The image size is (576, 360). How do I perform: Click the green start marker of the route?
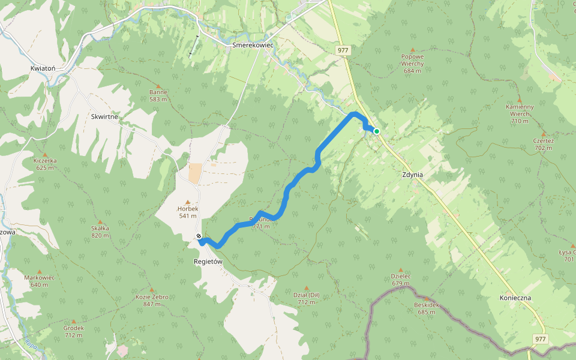tap(376, 131)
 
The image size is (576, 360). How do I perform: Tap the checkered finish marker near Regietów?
tap(199, 236)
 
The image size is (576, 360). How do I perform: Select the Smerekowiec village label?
tap(253, 45)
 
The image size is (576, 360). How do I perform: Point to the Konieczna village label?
tap(515, 298)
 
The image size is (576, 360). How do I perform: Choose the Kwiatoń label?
tap(43, 68)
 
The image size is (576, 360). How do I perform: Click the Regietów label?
tap(208, 262)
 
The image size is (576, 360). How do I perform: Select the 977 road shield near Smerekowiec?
tap(343, 50)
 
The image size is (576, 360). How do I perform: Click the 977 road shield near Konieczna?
tap(540, 339)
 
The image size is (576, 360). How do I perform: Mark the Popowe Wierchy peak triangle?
tap(412, 50)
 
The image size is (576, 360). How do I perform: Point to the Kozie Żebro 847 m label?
tap(152, 300)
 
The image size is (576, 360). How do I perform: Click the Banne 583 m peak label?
tap(158, 95)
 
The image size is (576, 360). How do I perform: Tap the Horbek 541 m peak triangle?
tap(188, 202)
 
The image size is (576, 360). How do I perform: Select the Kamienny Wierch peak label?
tap(520, 110)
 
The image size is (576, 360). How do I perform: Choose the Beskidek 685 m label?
tap(427, 308)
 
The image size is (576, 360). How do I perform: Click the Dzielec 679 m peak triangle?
tap(401, 270)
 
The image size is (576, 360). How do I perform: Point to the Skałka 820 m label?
tap(100, 231)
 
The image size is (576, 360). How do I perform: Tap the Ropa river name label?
tap(31, 344)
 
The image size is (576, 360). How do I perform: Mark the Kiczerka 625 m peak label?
tap(45, 164)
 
